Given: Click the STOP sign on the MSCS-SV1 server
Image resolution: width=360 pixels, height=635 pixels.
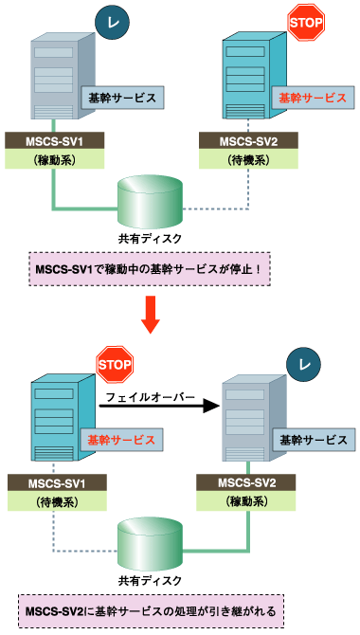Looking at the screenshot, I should pyautogui.click(x=115, y=364).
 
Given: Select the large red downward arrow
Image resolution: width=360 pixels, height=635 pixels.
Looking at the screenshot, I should pyautogui.click(x=151, y=316).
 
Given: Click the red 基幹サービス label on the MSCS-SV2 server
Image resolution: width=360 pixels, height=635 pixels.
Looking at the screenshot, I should pyautogui.click(x=312, y=98).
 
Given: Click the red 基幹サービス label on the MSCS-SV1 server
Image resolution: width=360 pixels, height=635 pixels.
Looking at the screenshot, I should pyautogui.click(x=118, y=440).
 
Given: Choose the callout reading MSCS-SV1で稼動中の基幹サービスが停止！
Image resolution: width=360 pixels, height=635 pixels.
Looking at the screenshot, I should pyautogui.click(x=151, y=268).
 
